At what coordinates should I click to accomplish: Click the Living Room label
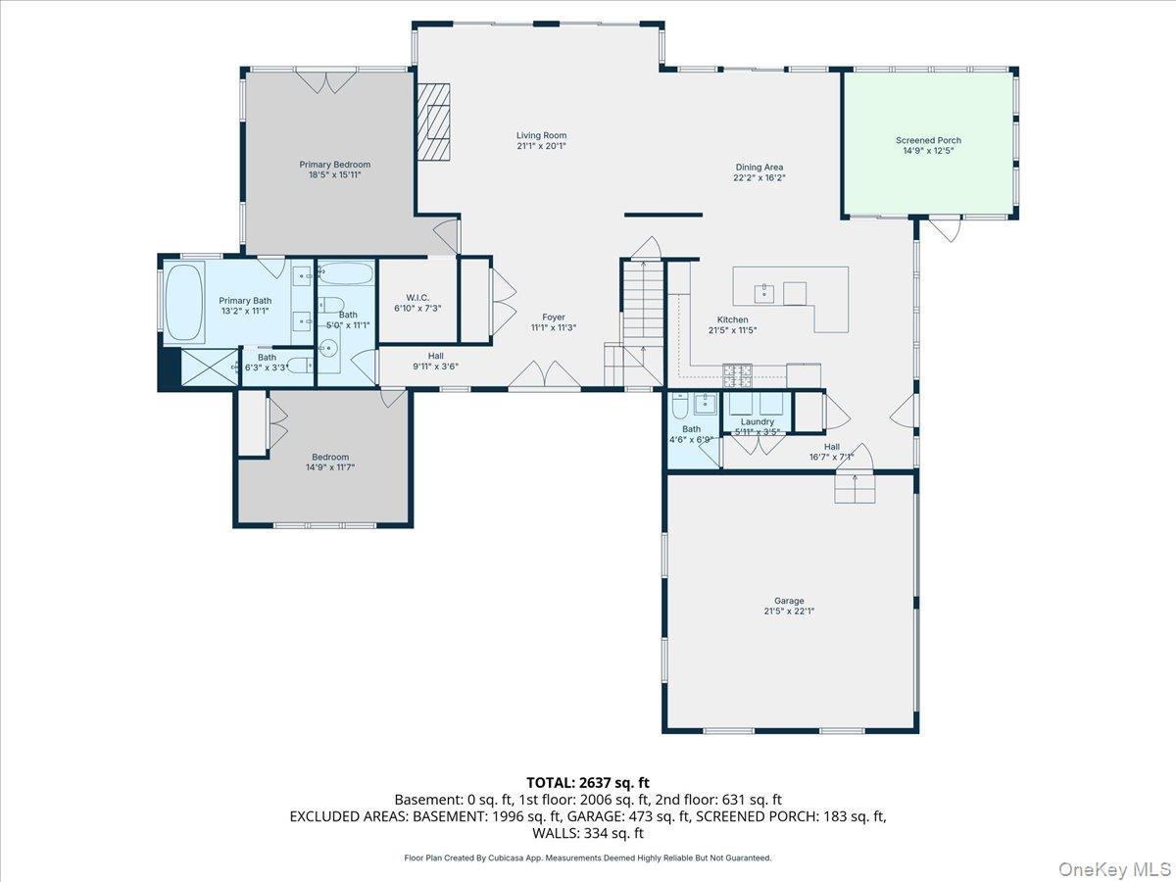[x=541, y=135]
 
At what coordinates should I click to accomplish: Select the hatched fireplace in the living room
[x=433, y=122]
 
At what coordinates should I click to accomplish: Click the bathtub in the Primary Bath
[x=184, y=302]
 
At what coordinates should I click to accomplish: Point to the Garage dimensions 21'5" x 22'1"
[x=789, y=611]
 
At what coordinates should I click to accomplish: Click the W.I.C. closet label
[x=417, y=298]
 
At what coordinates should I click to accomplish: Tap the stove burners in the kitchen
[x=737, y=375]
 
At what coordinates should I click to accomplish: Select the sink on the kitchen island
[x=763, y=294]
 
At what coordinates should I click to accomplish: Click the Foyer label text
[x=554, y=317]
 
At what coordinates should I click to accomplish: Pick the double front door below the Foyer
[x=544, y=374]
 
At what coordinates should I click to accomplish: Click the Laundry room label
[x=757, y=422]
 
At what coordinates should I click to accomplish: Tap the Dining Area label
[x=759, y=167]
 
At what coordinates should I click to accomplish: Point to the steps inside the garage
[x=855, y=489]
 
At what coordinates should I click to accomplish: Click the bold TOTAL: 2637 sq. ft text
[x=588, y=782]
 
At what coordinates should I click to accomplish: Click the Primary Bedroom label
[x=335, y=165]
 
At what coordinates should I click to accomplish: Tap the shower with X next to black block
[x=210, y=367]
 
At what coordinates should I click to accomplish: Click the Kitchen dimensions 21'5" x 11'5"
[x=732, y=330]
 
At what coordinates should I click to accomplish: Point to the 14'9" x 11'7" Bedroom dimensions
[x=330, y=467]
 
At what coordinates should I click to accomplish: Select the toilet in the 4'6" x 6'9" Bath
[x=680, y=407]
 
